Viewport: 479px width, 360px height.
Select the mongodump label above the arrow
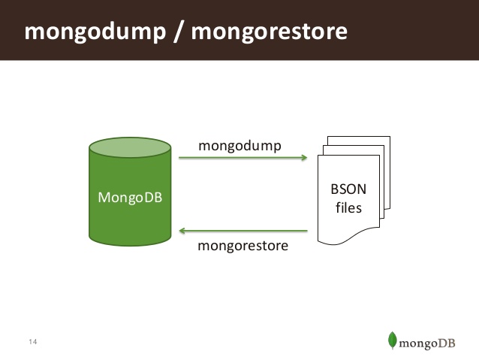tap(239, 145)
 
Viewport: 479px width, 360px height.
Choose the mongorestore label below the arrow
tap(243, 246)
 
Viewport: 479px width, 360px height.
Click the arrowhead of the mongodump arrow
tap(305, 158)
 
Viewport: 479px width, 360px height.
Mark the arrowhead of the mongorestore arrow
tap(182, 231)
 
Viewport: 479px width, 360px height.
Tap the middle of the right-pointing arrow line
tap(243, 158)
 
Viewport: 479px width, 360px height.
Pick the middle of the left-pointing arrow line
tap(244, 231)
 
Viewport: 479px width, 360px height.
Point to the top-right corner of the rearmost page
tap(389, 138)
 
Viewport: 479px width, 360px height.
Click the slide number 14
tap(32, 343)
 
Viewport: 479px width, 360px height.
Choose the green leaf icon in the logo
tap(392, 340)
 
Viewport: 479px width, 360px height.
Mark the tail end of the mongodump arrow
tap(179, 158)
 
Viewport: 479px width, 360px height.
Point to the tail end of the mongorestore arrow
tap(309, 231)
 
